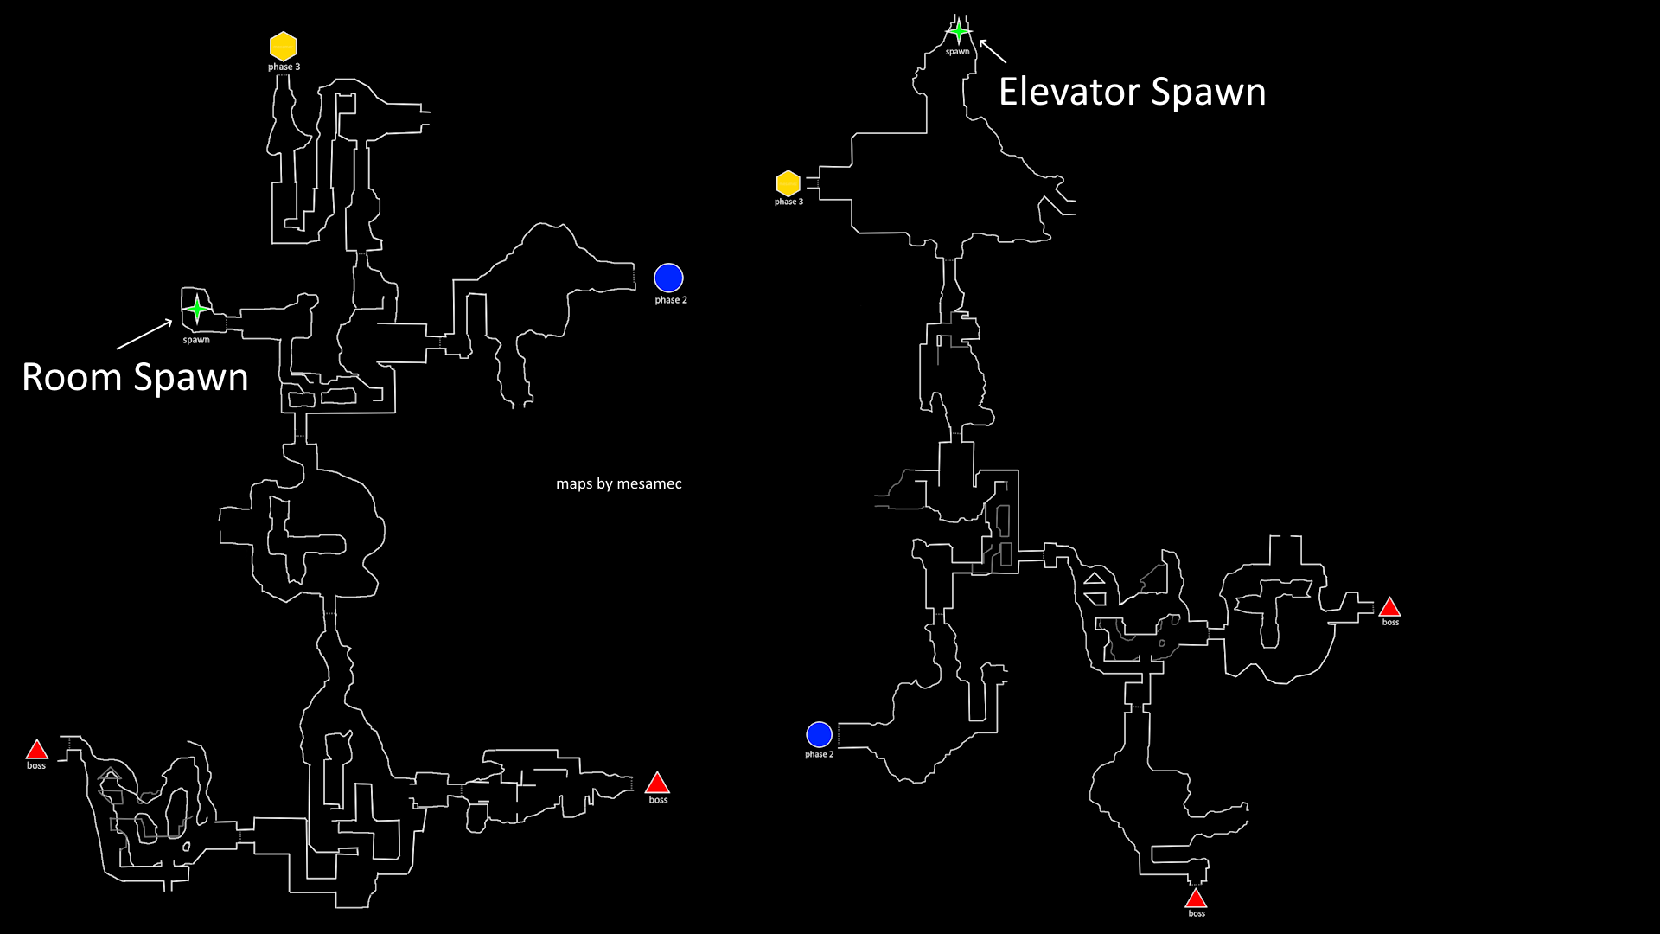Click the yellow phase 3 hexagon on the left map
(x=284, y=46)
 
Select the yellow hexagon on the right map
(x=788, y=183)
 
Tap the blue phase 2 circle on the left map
(x=668, y=278)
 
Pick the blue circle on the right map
(x=819, y=734)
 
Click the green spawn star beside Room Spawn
(x=197, y=309)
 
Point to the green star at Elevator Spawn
(x=958, y=32)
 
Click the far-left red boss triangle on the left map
(x=36, y=750)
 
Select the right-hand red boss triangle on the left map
(x=657, y=784)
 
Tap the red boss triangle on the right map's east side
(x=1389, y=607)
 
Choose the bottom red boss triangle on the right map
(x=1196, y=899)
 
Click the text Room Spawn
(x=135, y=377)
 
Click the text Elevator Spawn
(x=1132, y=92)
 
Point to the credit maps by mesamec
(x=618, y=483)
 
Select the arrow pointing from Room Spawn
(x=144, y=335)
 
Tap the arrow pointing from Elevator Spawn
(x=993, y=51)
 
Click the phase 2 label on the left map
(x=670, y=300)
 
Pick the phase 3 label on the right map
(x=788, y=202)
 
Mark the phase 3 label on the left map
(x=284, y=67)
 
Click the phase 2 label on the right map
(x=819, y=754)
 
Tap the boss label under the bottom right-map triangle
(x=1197, y=913)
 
